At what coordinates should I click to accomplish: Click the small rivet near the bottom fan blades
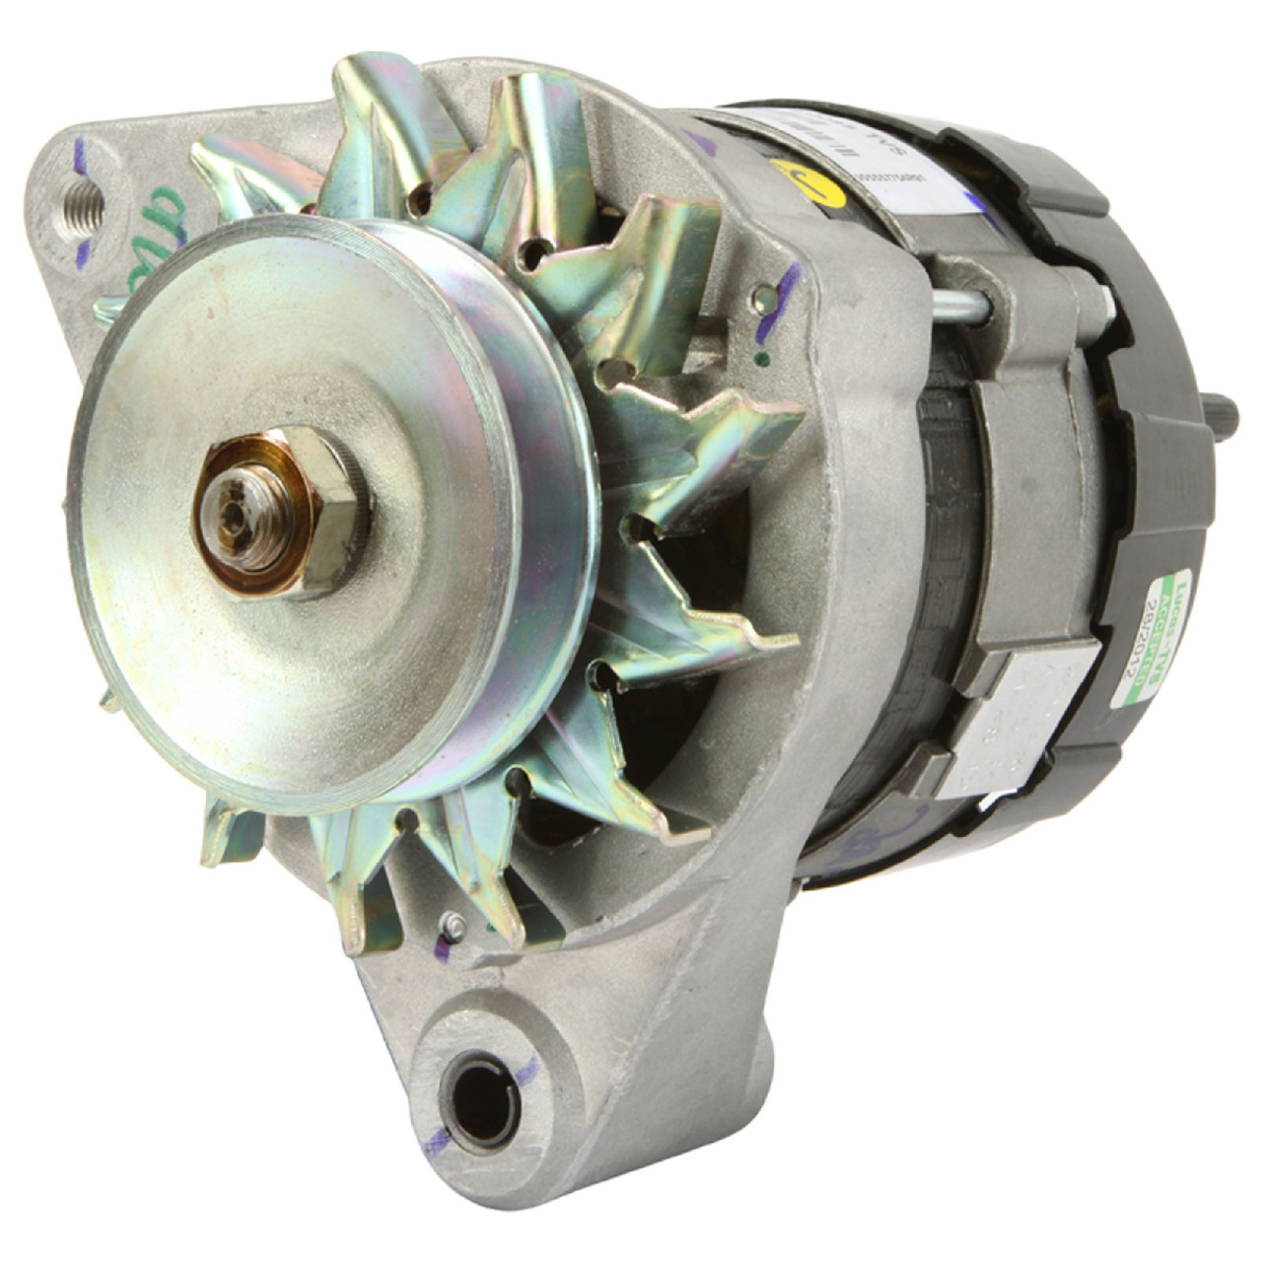click(x=453, y=923)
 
